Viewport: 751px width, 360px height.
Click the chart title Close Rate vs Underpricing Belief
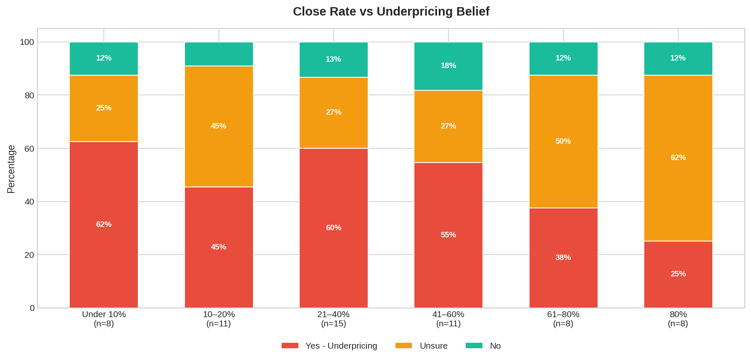point(391,11)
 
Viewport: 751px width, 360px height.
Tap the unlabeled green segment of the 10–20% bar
point(219,54)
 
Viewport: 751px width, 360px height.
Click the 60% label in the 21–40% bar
point(334,228)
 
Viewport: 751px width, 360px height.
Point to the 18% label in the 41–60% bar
point(448,66)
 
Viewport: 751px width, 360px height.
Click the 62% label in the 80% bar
point(678,158)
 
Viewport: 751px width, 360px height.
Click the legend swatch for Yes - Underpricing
point(290,346)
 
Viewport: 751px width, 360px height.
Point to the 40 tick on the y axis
point(29,202)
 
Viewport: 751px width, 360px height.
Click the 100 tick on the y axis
point(27,42)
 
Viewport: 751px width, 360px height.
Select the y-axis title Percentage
point(11,169)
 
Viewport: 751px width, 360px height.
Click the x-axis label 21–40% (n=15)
point(334,319)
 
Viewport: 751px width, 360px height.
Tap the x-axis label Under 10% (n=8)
point(104,319)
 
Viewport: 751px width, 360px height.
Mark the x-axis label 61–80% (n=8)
point(563,319)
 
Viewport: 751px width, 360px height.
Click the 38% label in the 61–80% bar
point(563,258)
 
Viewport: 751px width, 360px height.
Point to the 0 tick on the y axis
point(32,308)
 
